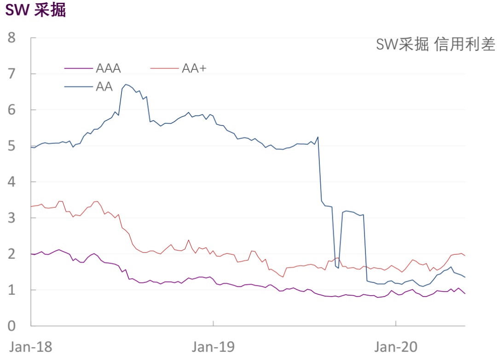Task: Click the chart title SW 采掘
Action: point(35,10)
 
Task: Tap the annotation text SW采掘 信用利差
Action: point(435,45)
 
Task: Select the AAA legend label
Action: point(108,69)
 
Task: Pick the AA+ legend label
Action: point(194,69)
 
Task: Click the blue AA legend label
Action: point(104,86)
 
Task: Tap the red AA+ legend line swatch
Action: point(164,69)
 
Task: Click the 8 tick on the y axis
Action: point(12,38)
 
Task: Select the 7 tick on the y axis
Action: point(12,74)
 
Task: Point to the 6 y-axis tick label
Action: point(12,110)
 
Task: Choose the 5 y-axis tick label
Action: point(12,146)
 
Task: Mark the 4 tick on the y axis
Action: point(12,182)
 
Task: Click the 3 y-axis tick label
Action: point(12,218)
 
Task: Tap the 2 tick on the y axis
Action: point(12,254)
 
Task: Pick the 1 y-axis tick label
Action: point(12,290)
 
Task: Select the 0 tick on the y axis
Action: point(12,326)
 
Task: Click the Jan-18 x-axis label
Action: point(31,346)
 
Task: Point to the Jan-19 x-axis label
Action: point(213,346)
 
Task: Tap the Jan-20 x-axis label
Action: point(396,346)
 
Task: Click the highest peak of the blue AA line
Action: point(126,85)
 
